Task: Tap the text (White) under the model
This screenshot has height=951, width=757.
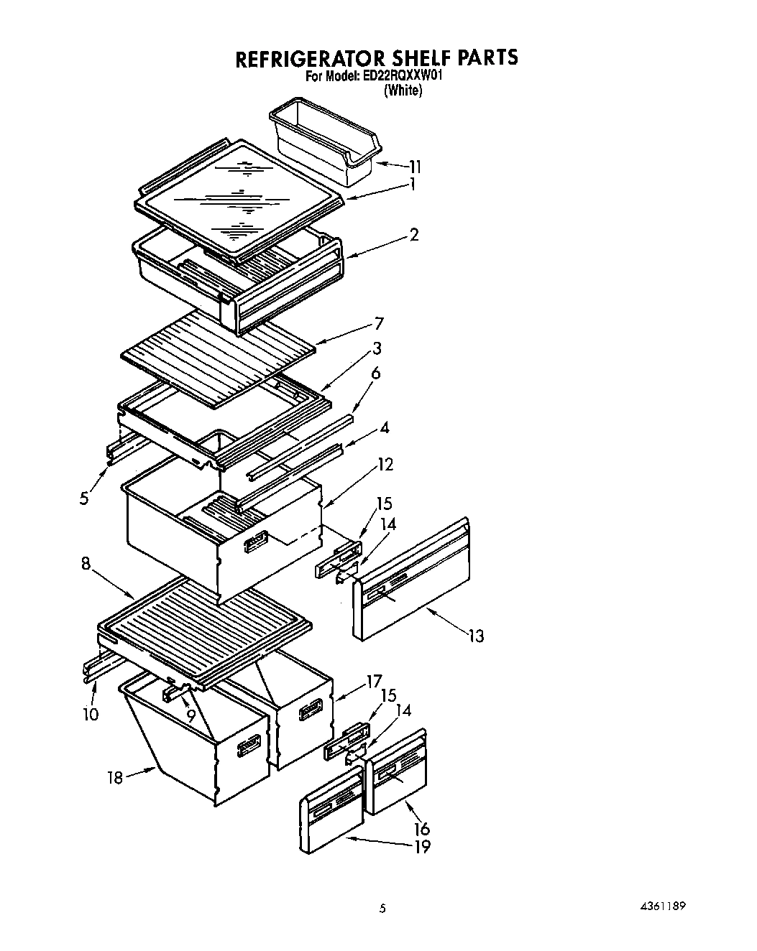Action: click(x=403, y=91)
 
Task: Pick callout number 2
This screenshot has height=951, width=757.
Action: click(x=414, y=234)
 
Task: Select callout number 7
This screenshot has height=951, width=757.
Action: click(x=379, y=323)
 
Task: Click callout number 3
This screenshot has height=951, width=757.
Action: click(x=377, y=348)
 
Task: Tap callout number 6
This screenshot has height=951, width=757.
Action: click(x=375, y=374)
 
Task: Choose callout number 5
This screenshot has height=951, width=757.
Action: click(x=85, y=498)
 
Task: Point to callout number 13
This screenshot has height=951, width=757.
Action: click(x=475, y=635)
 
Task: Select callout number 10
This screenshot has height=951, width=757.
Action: click(x=91, y=714)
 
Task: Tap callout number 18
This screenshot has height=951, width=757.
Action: click(x=116, y=777)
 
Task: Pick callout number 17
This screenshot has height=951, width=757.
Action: click(x=375, y=679)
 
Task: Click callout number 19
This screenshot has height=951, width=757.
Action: click(x=422, y=847)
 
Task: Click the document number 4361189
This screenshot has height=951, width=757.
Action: click(x=659, y=906)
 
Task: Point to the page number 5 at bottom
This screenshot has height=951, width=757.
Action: click(x=383, y=908)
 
